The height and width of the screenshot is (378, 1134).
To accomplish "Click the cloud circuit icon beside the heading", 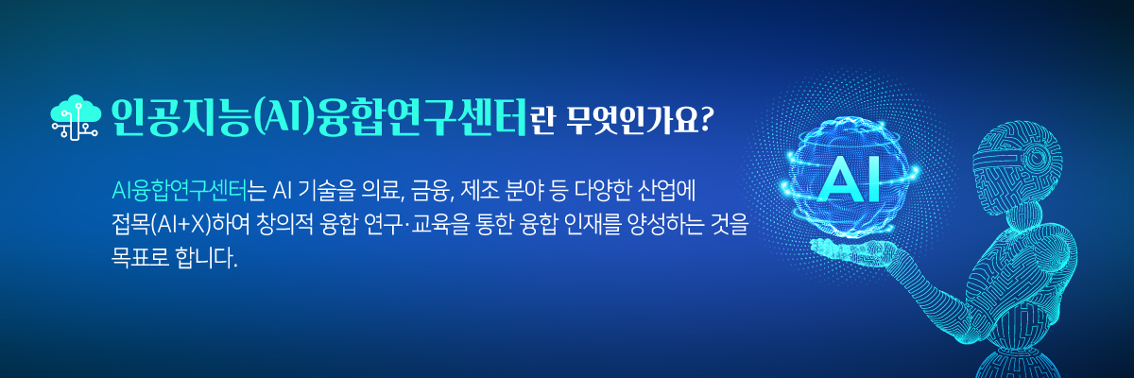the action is pyautogui.click(x=75, y=117).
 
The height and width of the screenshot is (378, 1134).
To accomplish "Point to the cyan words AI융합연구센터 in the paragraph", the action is pyautogui.click(x=179, y=191).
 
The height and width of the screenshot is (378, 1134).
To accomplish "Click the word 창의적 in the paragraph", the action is pyautogui.click(x=285, y=225).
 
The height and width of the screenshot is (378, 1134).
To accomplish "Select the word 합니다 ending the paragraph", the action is pyautogui.click(x=204, y=258).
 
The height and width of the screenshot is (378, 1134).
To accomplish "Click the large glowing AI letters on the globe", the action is pyautogui.click(x=849, y=180).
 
